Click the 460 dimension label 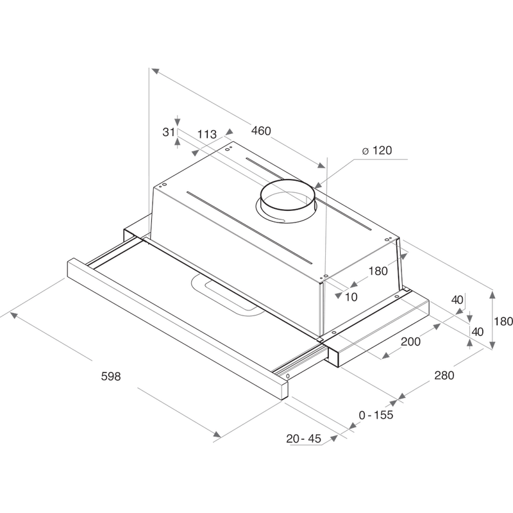tap(261, 131)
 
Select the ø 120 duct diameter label tap(376, 151)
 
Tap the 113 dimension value tap(206, 134)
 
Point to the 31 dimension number tap(168, 132)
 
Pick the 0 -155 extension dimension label tap(376, 415)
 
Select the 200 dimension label tap(410, 342)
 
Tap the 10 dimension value tap(351, 296)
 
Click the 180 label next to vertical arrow tap(505, 321)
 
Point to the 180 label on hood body tap(378, 271)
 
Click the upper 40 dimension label tap(457, 299)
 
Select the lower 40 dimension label tap(478, 331)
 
